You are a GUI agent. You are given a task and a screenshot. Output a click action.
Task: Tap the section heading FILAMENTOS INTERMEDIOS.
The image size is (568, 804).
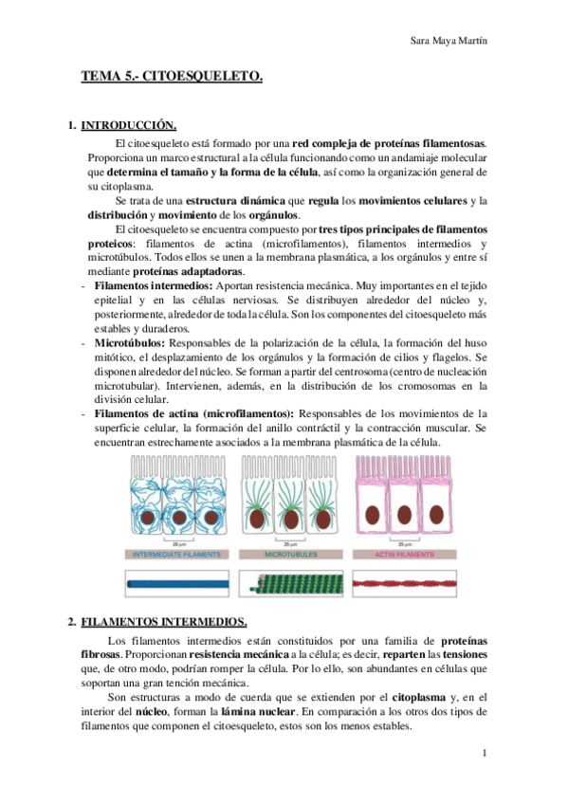click(164, 622)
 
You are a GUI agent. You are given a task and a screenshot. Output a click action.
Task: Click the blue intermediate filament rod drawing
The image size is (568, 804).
click(179, 580)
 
